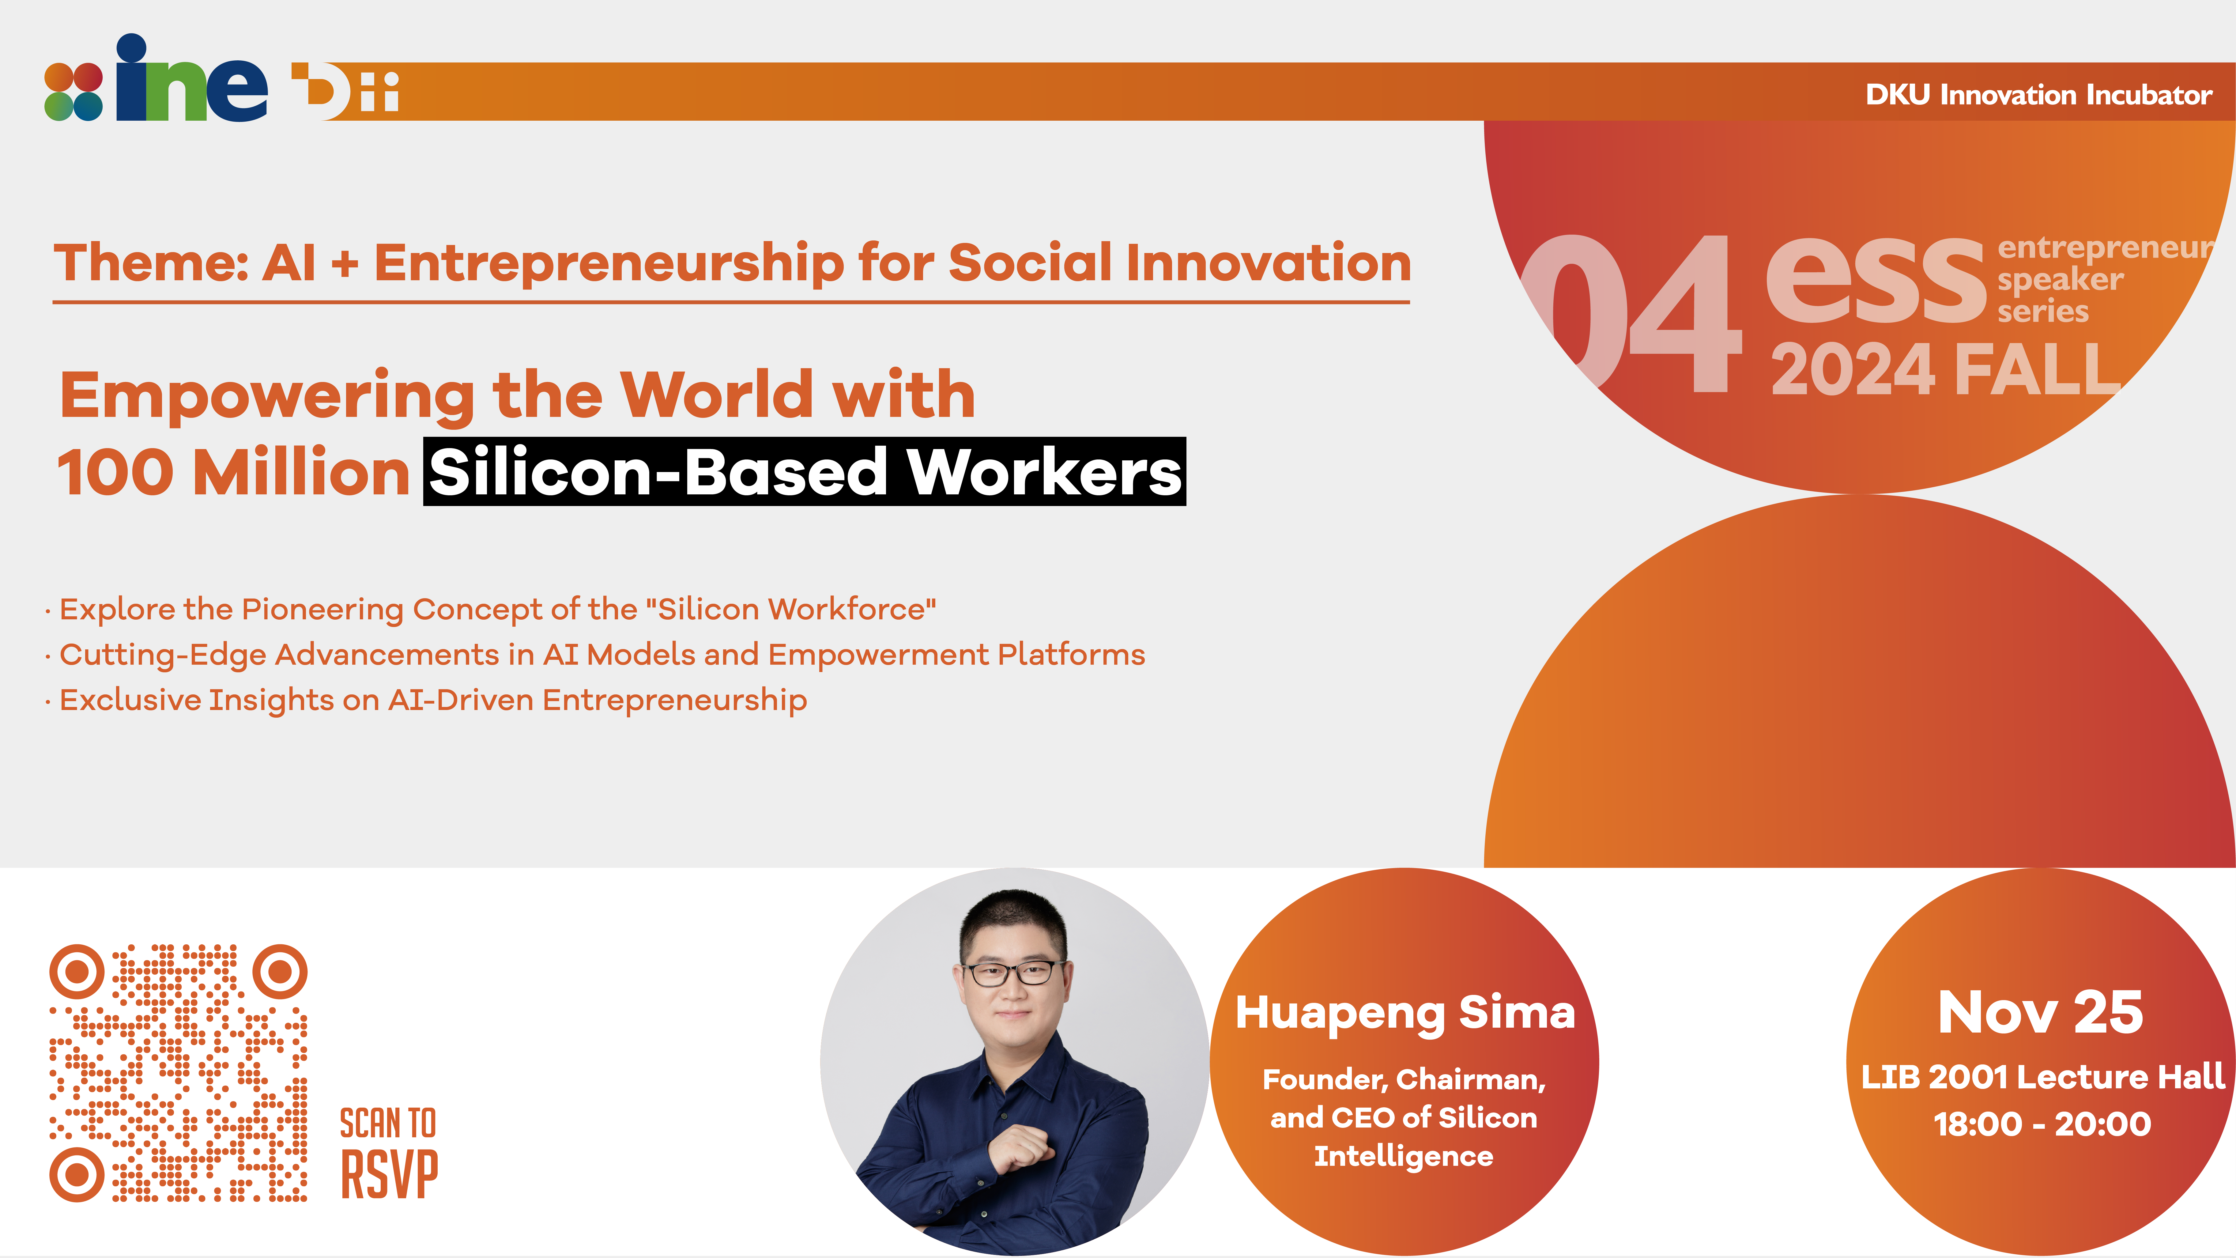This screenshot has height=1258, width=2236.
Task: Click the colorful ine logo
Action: pyautogui.click(x=156, y=78)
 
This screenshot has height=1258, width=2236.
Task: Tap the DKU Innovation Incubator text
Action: pyautogui.click(x=2038, y=95)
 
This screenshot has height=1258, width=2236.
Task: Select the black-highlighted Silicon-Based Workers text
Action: pyautogui.click(x=805, y=471)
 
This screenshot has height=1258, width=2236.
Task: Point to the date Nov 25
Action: pyautogui.click(x=2041, y=1012)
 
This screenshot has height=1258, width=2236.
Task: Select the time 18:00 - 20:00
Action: pyautogui.click(x=2042, y=1124)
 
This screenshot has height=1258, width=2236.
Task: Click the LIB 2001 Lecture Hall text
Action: pyautogui.click(x=2042, y=1077)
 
